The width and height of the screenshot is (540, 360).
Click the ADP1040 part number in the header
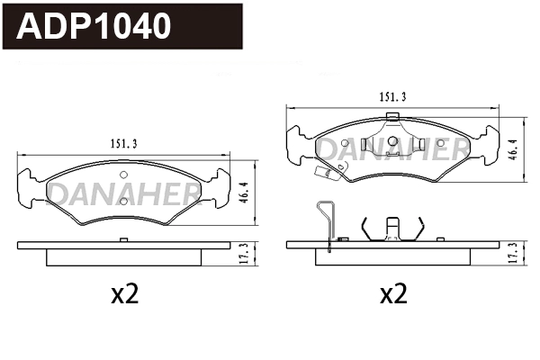pyautogui.click(x=94, y=26)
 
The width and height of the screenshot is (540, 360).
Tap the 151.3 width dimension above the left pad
pyautogui.click(x=122, y=141)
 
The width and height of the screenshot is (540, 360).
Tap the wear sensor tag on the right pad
pyautogui.click(x=321, y=176)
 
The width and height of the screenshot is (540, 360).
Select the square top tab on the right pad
pyautogui.click(x=391, y=115)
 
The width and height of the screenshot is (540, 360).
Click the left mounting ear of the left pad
pyautogui.click(x=29, y=186)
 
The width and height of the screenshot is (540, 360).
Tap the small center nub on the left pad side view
pyautogui.click(x=123, y=239)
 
